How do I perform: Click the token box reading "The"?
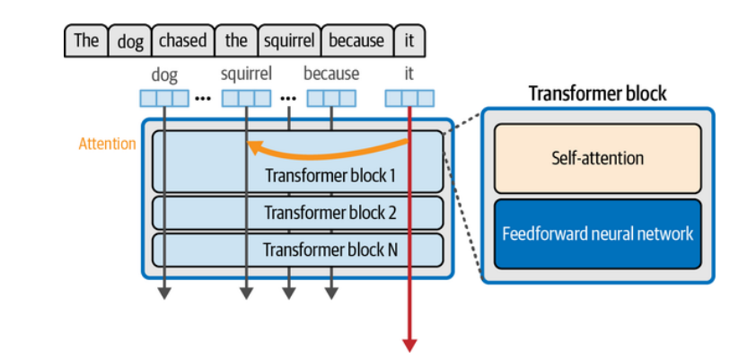(x=86, y=40)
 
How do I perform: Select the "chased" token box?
(x=183, y=40)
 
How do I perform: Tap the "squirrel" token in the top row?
(x=288, y=40)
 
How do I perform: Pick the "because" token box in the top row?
(x=356, y=40)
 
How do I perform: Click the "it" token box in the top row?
(x=409, y=40)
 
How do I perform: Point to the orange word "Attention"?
(x=108, y=144)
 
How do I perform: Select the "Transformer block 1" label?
(x=330, y=174)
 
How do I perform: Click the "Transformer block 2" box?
(x=297, y=213)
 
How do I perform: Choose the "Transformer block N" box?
(x=297, y=250)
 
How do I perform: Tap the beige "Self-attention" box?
(x=597, y=158)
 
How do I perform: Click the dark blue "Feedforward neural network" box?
(x=597, y=233)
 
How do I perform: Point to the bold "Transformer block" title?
(x=597, y=93)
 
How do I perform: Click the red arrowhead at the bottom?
(x=409, y=344)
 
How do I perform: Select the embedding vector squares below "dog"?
(x=164, y=98)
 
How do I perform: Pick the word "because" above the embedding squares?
(x=331, y=74)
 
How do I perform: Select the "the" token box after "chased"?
(x=236, y=40)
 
